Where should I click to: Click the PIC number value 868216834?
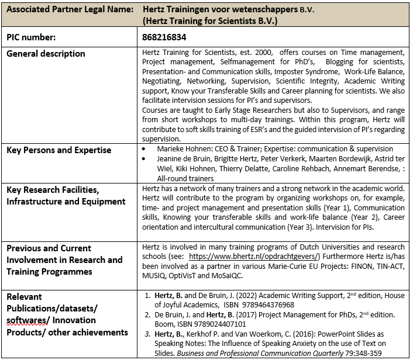(x=164, y=37)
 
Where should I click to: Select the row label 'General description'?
(x=46, y=54)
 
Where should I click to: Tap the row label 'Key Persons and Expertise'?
(x=58, y=150)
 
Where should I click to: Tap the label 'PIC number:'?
(x=31, y=37)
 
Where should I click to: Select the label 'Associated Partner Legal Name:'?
(x=65, y=10)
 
